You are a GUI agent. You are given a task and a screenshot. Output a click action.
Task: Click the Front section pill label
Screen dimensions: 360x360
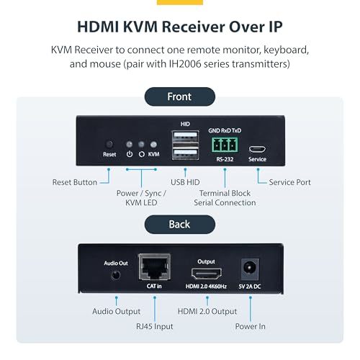coord(180,96)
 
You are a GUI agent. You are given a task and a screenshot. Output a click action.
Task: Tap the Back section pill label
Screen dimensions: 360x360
coord(180,225)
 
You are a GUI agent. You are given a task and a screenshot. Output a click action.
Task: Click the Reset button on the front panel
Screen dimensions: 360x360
coord(109,144)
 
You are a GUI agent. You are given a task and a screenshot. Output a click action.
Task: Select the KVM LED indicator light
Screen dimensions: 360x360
coord(153,144)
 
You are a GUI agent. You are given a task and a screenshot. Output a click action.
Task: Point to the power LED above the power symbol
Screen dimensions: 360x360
coord(130,144)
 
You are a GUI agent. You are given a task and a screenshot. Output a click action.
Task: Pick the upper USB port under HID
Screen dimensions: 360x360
coord(185,137)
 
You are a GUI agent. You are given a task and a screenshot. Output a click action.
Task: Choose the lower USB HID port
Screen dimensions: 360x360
coord(185,154)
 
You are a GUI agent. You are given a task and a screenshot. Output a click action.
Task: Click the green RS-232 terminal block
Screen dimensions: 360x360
coord(225,145)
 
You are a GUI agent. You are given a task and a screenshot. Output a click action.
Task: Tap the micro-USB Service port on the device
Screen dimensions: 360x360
coord(257,149)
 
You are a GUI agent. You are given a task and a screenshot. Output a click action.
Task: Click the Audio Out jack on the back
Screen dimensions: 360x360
coord(116,275)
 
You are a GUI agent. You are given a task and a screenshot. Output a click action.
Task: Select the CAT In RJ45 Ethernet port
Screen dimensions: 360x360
coord(155,267)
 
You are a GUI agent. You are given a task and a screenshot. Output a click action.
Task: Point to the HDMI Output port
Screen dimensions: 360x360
coord(207,274)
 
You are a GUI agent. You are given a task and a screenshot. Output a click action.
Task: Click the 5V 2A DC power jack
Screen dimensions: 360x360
coord(250,269)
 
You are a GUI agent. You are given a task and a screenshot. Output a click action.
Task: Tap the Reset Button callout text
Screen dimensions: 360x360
coord(75,182)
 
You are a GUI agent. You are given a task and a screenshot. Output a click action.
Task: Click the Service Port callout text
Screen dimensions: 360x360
coord(289,182)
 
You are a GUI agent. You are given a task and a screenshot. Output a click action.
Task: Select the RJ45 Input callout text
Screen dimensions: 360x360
coord(155,326)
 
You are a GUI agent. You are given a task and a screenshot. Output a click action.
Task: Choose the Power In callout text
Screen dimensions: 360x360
coord(250,326)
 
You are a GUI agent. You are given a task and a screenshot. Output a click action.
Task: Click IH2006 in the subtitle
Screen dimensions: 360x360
coord(185,64)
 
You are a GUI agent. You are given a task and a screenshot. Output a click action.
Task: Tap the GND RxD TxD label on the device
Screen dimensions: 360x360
coord(225,130)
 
